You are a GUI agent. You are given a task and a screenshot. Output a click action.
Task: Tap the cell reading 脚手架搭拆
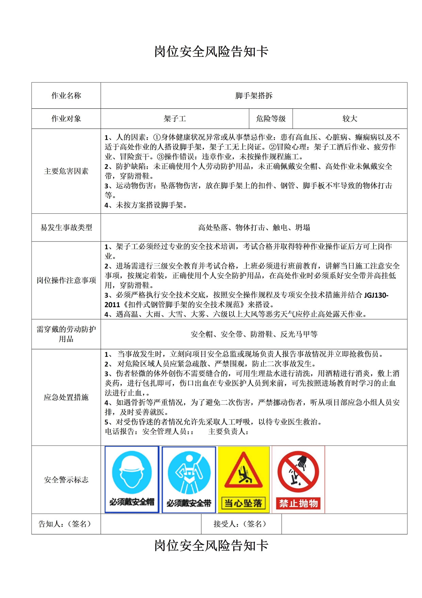pyautogui.click(x=254, y=96)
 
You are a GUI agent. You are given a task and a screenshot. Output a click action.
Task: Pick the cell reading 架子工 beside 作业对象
pyautogui.click(x=175, y=119)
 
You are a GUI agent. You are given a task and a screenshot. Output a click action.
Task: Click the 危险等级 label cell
pyautogui.click(x=271, y=119)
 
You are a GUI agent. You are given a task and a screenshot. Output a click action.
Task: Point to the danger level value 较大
pyautogui.click(x=350, y=119)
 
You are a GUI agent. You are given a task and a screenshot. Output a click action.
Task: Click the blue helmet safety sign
pyautogui.click(x=132, y=480)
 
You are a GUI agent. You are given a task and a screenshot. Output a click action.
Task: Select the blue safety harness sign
pyautogui.click(x=189, y=480)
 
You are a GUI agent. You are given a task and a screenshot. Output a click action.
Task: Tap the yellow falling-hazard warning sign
pyautogui.click(x=244, y=480)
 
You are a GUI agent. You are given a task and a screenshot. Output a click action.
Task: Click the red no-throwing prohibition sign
pyautogui.click(x=298, y=480)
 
